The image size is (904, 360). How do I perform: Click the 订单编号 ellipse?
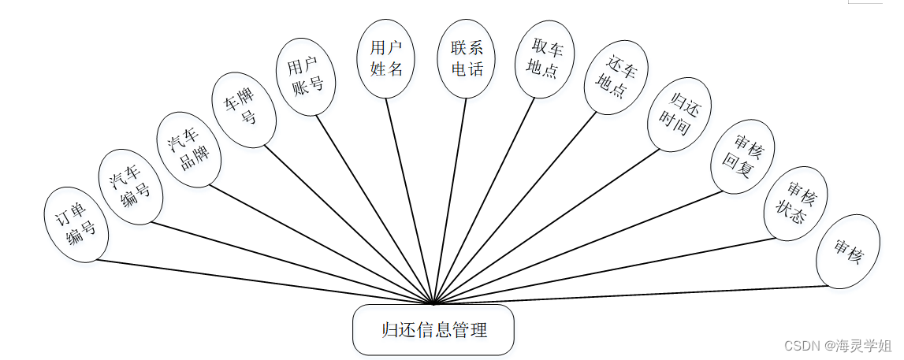(76, 225)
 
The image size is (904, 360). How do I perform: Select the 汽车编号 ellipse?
(130, 188)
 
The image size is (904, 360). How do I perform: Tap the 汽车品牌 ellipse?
(189, 150)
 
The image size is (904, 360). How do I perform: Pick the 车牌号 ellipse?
(244, 110)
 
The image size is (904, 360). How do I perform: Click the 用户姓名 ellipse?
(386, 59)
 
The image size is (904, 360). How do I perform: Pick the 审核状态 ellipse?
(796, 204)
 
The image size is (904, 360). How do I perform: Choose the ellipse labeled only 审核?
(848, 250)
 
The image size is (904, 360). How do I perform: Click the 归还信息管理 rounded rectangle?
(433, 330)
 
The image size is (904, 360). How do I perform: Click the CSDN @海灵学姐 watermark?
(839, 345)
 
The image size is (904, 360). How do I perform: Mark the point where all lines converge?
(433, 303)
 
